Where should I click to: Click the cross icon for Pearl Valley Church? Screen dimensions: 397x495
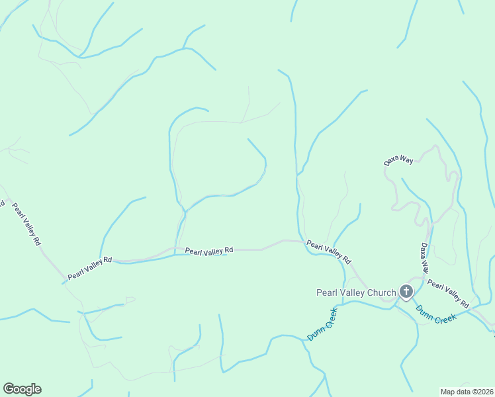tap(406, 292)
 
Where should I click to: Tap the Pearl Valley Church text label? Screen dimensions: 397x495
tap(356, 292)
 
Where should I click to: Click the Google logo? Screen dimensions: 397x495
tap(22, 389)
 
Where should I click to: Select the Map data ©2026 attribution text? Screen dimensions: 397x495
tap(467, 391)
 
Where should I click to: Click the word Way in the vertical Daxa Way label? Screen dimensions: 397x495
tap(426, 266)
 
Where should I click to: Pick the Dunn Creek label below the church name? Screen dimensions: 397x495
tap(322, 324)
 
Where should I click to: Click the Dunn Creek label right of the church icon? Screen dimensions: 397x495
tap(436, 314)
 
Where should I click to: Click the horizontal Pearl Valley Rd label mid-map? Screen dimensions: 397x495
tap(209, 251)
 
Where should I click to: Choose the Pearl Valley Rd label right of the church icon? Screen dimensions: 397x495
tap(448, 294)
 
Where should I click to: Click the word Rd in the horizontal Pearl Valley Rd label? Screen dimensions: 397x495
tap(228, 250)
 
